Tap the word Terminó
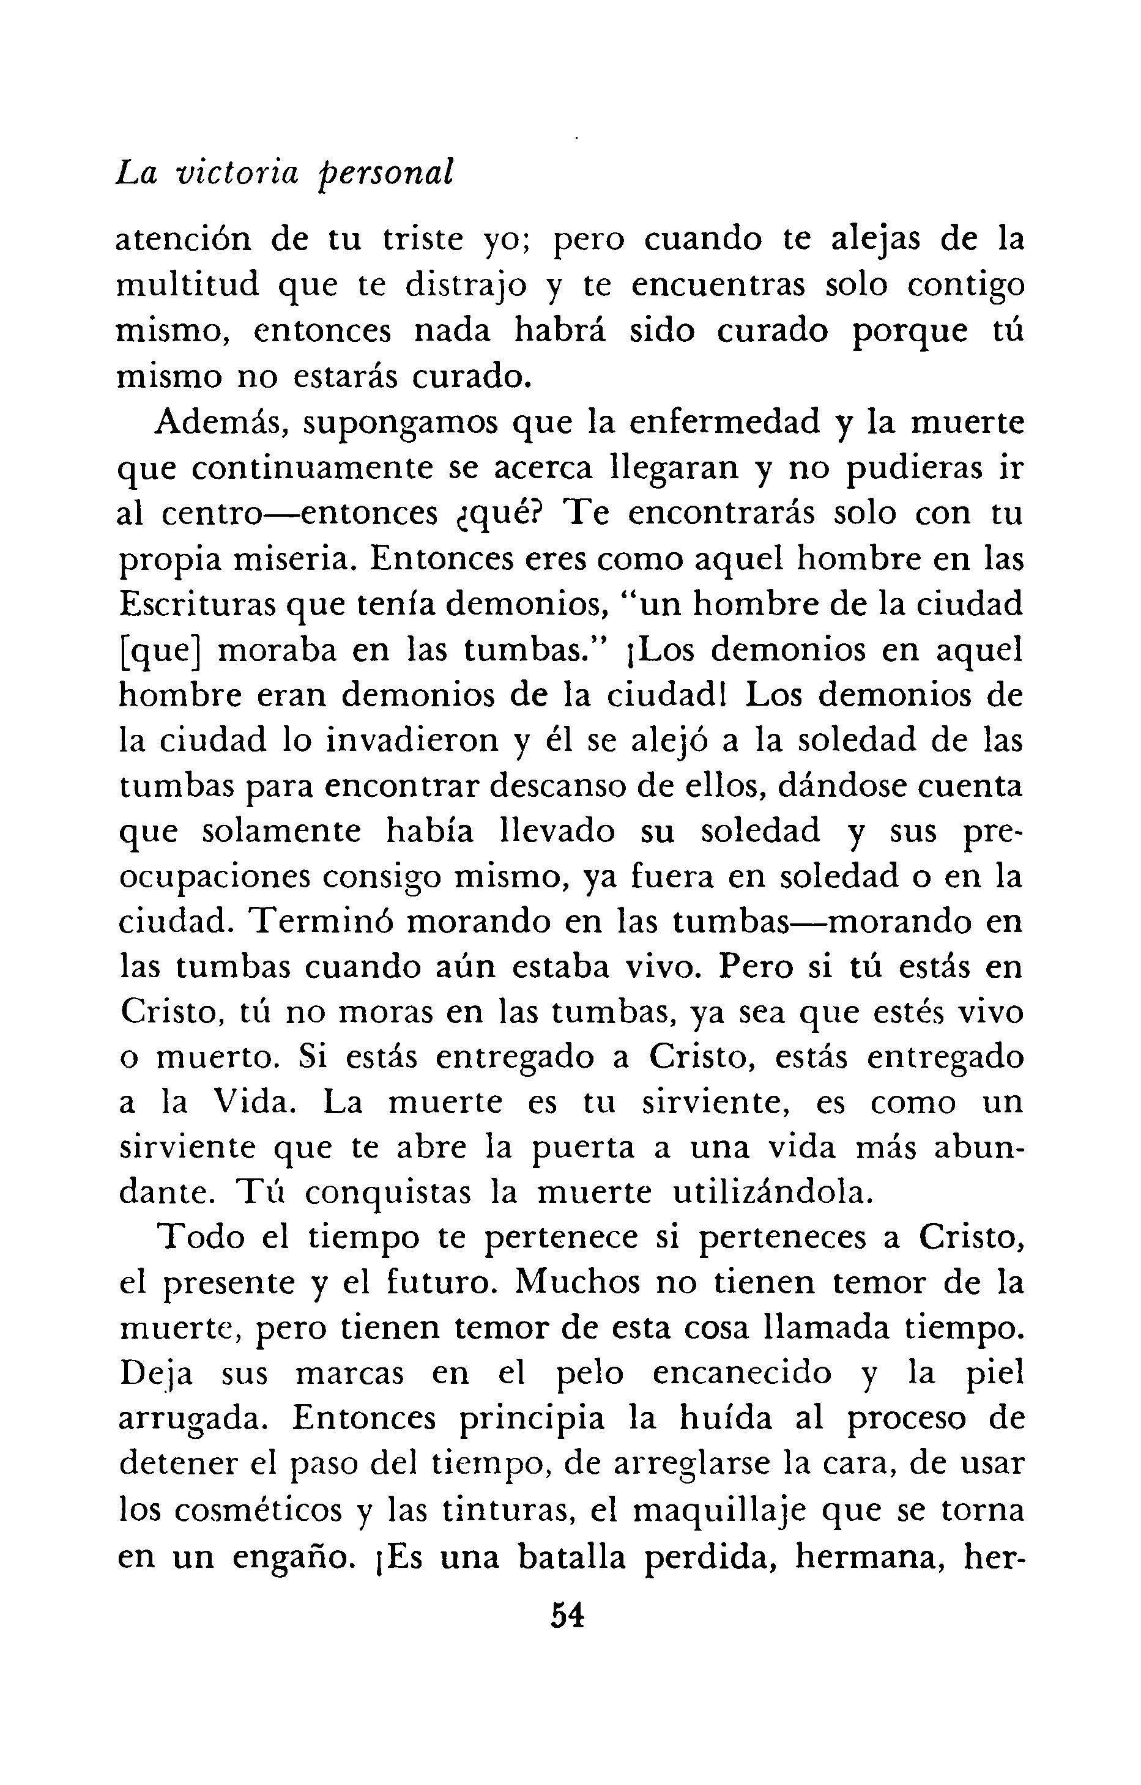pos(321,922)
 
